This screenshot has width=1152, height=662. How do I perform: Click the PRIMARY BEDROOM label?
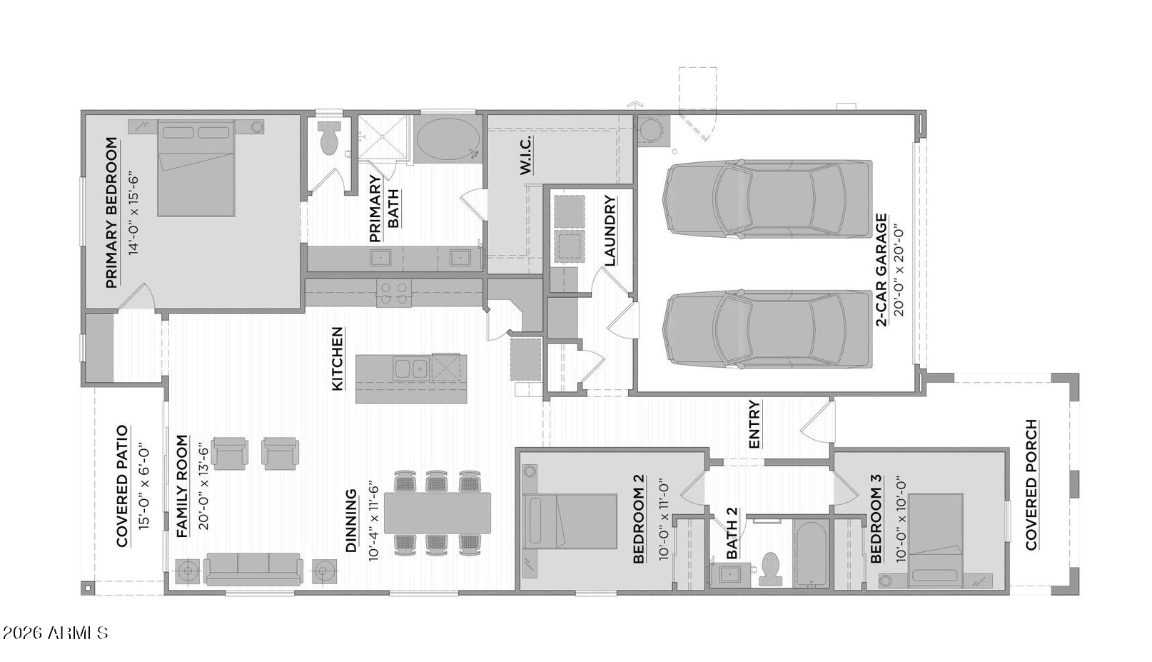111,212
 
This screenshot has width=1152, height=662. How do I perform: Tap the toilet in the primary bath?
329,137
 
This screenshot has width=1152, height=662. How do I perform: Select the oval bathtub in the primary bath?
448,139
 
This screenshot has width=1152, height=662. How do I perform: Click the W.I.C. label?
525,156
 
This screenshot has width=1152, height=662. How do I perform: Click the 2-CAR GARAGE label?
881,271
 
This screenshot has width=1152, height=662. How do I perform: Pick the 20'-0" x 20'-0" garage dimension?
899,271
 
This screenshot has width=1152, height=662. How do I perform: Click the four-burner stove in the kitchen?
394,294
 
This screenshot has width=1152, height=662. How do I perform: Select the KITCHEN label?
338,359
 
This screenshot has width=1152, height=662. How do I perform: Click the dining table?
438,513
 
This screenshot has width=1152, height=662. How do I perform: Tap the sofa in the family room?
253,569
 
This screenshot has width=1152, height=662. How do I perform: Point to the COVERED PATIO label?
122,486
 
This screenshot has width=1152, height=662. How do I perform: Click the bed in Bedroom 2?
570,521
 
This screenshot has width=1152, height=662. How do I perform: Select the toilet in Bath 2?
771,569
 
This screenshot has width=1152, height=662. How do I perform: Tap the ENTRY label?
754,424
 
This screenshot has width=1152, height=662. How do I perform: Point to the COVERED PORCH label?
1031,485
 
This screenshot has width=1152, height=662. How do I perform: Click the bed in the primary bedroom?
196,169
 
